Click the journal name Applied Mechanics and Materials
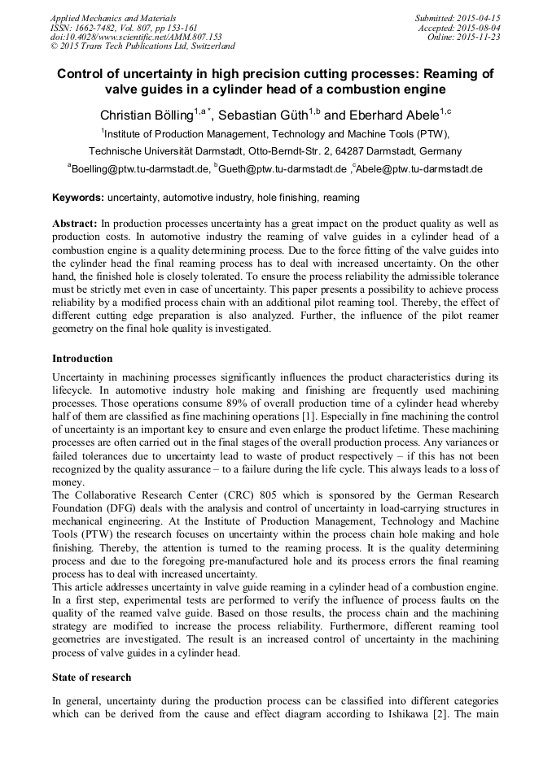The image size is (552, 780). [113, 18]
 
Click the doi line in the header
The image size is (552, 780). [136, 37]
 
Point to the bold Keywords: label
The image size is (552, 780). [78, 198]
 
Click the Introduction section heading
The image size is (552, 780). [82, 359]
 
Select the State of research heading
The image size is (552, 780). [91, 678]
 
